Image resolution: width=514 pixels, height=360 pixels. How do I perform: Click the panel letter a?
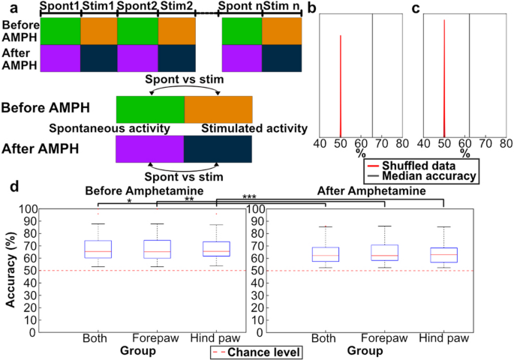pyautogui.click(x=7, y=7)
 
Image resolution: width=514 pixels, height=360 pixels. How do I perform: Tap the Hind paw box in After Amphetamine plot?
pyautogui.click(x=443, y=255)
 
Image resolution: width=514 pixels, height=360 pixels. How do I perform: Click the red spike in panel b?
pyautogui.click(x=341, y=82)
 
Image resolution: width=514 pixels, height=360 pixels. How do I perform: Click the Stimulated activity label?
pyautogui.click(x=254, y=128)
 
